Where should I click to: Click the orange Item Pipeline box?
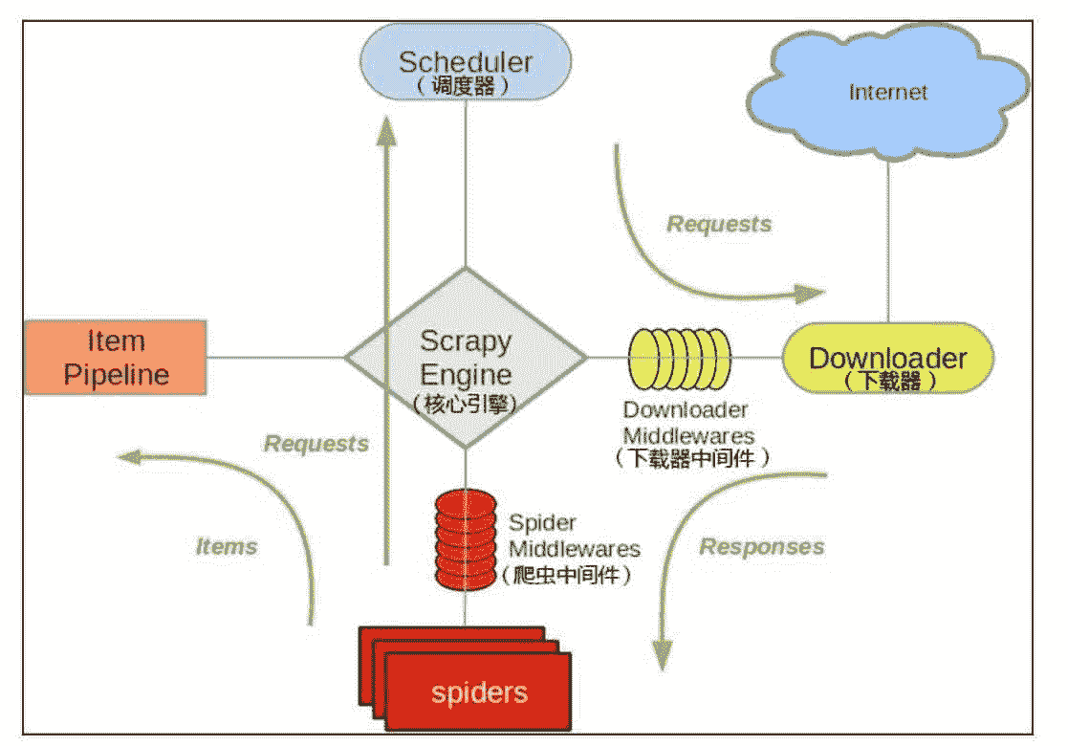pos(116,358)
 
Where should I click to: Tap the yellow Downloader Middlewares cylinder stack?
pos(678,358)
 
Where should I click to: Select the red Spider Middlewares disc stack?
pos(466,540)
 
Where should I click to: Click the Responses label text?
pos(762,547)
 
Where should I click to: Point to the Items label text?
pos(227,547)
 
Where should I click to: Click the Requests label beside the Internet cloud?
pos(719,225)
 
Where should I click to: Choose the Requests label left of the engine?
pos(316,444)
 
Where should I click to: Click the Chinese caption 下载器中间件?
pos(692,458)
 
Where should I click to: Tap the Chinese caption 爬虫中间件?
pos(569,576)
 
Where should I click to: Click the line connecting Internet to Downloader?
pos(888,239)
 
